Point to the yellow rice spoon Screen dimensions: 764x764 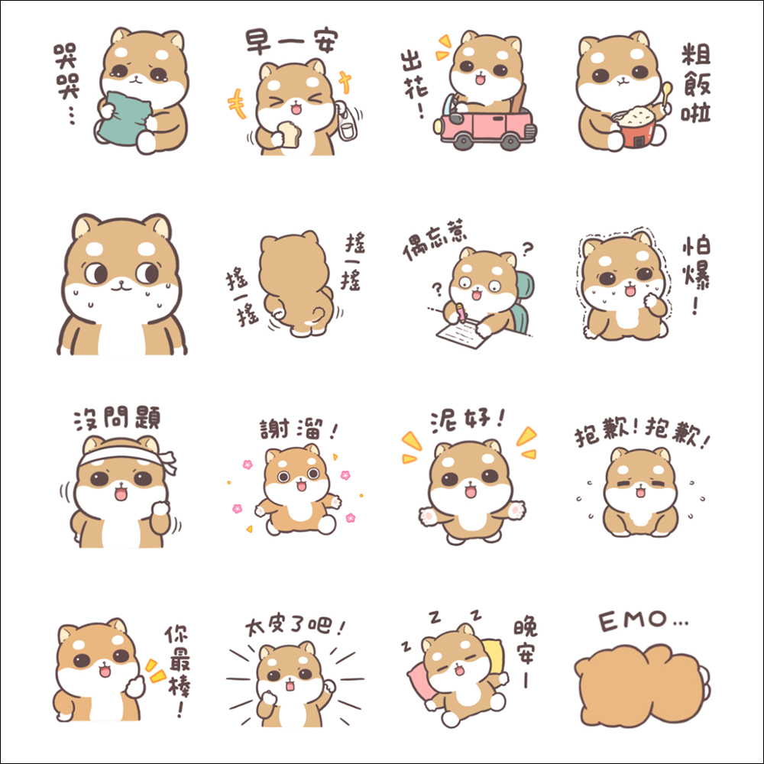665,95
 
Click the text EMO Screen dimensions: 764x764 633,620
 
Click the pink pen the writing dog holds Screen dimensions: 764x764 460,312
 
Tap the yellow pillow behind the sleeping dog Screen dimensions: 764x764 494,656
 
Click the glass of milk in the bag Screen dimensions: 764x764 347,130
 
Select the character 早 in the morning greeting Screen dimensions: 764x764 258,42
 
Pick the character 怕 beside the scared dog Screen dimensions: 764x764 696,248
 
